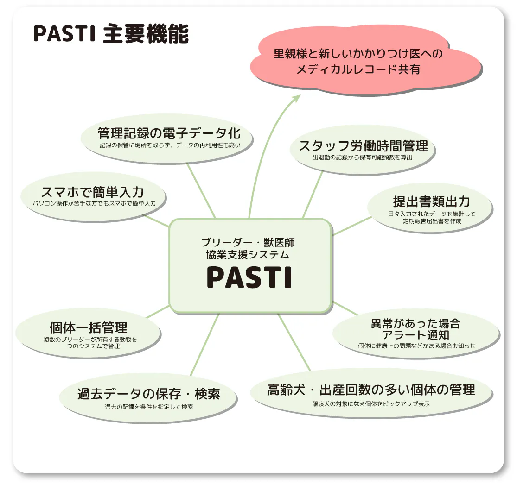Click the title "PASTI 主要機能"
[x=111, y=33]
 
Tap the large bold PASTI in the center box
[x=249, y=277]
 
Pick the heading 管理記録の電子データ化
[x=169, y=133]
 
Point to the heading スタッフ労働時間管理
[x=363, y=146]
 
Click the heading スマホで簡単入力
[x=92, y=192]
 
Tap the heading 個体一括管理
[x=89, y=328]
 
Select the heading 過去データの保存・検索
[x=148, y=394]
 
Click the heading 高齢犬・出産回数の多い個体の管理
[x=371, y=390]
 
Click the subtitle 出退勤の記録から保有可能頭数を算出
[x=363, y=157]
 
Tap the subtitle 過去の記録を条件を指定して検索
[x=149, y=407]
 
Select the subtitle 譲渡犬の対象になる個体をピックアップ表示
[x=371, y=403]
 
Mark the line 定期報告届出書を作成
[x=432, y=221]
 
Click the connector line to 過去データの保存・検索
[x=204, y=345]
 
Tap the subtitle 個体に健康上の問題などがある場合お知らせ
[x=416, y=346]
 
